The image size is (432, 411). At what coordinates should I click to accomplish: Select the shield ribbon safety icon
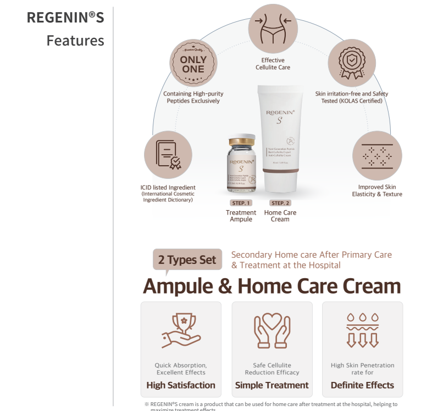coord(352,63)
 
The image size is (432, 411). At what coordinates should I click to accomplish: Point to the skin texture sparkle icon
coord(376,155)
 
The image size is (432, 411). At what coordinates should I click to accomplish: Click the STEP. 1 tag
coord(241,203)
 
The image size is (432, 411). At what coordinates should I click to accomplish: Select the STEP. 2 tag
coord(280,203)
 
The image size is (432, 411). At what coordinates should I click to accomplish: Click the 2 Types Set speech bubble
coord(187,260)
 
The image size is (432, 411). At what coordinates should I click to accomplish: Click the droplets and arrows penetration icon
coord(362,331)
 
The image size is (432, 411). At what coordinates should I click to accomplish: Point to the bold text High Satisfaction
coord(181,385)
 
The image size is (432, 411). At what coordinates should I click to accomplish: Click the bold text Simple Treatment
coord(272,385)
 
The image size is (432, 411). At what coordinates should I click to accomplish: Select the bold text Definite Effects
coord(362,385)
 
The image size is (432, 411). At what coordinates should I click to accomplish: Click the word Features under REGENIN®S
coord(75,41)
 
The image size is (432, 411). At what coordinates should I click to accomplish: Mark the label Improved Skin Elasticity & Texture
coord(377,190)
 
